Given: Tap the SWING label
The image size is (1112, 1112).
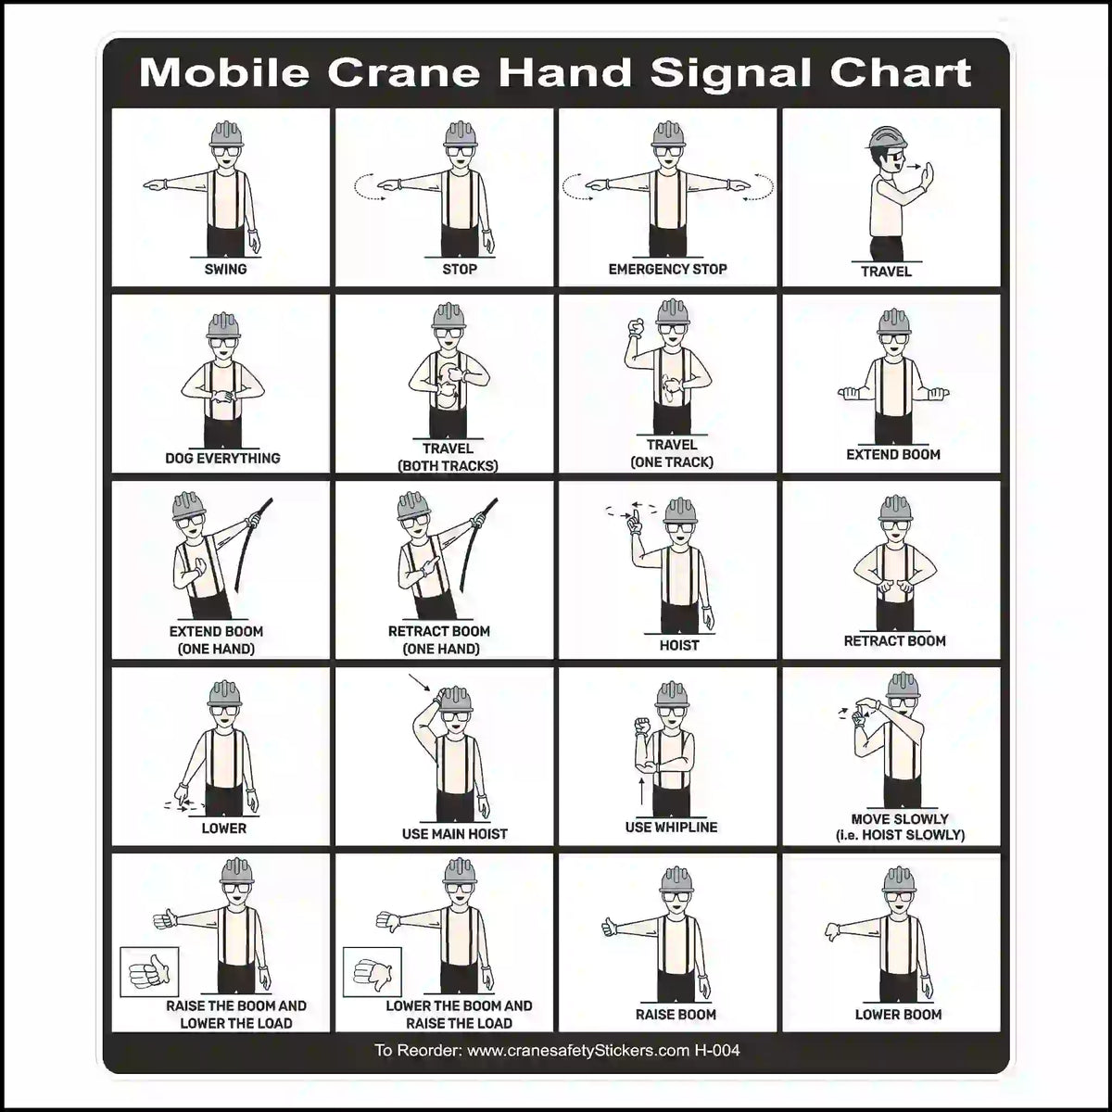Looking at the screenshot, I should coord(225,269).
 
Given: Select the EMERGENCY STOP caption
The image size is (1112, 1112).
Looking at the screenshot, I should coord(667,269).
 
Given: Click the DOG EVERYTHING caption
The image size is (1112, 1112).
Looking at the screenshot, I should coord(222,458).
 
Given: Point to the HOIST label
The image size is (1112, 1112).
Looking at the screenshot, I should coord(678,645).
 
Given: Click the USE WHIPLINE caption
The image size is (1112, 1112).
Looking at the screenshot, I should coord(671,827).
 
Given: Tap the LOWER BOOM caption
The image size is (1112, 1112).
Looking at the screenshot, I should coord(897,1015).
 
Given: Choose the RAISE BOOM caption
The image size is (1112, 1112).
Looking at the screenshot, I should coord(676,1015).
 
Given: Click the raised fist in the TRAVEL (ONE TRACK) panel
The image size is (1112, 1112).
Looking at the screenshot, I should coord(636,327).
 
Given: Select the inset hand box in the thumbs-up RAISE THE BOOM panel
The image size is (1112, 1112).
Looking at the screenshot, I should coord(149,972).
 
